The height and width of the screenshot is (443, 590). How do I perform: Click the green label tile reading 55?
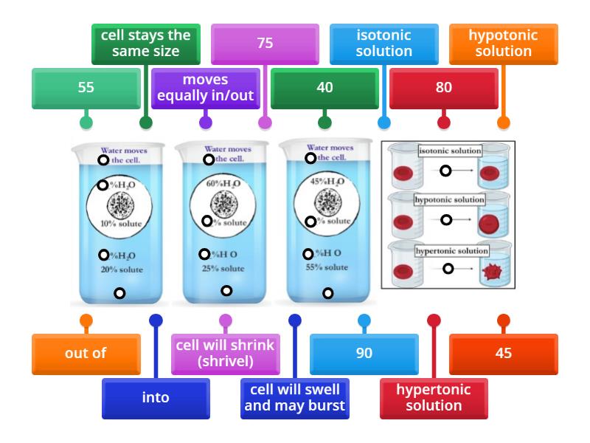point(86,88)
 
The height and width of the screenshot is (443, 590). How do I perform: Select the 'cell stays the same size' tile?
point(146,44)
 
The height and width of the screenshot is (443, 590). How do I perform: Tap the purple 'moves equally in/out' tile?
point(206,87)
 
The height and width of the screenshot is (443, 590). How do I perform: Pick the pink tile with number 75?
point(265,44)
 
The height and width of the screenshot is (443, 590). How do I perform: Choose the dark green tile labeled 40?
point(324,88)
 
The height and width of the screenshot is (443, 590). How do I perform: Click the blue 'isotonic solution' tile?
point(384,44)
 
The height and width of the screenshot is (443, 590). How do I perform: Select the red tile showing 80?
point(443,88)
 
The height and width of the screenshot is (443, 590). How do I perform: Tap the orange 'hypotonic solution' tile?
point(503,44)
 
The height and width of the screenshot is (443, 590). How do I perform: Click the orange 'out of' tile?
point(86,353)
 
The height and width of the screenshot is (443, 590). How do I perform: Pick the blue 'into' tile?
point(156,397)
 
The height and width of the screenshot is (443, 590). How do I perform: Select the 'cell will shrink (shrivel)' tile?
point(225,353)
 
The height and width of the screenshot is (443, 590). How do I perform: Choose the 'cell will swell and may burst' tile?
point(295,397)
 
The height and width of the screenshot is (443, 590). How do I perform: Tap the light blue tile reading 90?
point(364,353)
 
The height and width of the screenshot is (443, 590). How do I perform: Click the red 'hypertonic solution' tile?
point(434,397)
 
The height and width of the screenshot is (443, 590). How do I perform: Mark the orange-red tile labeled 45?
point(504,353)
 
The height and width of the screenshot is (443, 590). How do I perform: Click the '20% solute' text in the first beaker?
point(122,269)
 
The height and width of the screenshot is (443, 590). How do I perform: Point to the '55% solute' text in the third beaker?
point(327,267)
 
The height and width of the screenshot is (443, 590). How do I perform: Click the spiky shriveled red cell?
point(493,271)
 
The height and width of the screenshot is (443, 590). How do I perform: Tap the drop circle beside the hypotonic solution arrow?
point(446,220)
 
